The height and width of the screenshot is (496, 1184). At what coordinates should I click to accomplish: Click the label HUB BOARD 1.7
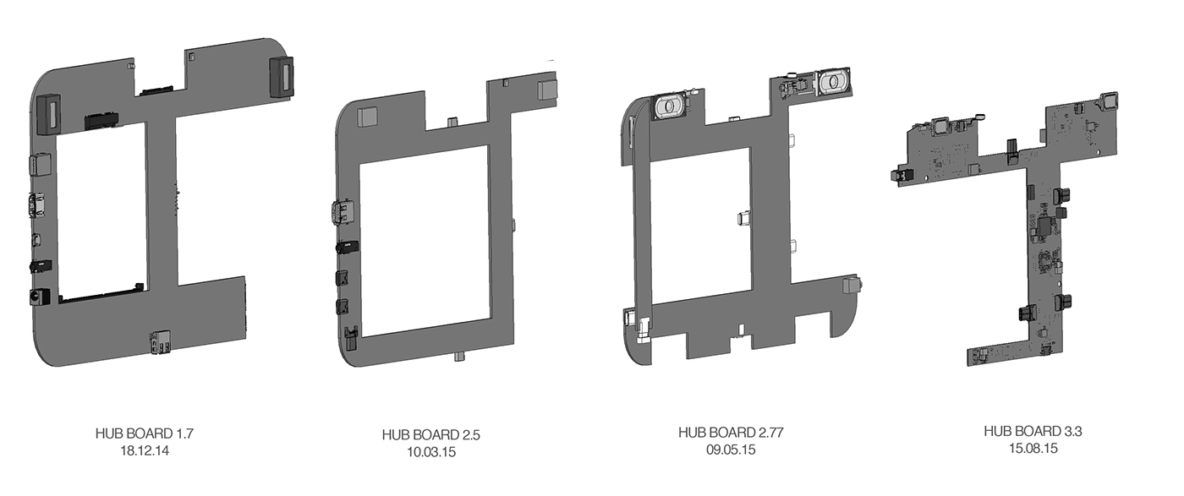[x=145, y=433]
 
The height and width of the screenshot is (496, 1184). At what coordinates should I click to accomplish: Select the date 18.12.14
[x=145, y=451]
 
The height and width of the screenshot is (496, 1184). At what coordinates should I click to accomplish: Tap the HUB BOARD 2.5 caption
[x=430, y=434]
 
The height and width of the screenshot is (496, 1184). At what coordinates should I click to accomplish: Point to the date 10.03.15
[x=430, y=452]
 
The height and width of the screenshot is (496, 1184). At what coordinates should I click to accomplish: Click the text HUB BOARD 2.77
[x=731, y=433]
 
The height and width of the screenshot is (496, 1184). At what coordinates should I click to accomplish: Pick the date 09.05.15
[x=731, y=450]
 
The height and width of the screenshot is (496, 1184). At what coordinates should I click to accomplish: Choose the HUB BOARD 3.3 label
[x=1033, y=431]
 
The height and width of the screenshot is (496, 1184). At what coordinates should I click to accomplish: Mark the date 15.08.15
[x=1033, y=449]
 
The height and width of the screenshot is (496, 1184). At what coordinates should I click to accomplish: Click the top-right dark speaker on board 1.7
[x=281, y=77]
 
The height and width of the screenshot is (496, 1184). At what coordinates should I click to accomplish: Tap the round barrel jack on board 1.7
[x=40, y=297]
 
